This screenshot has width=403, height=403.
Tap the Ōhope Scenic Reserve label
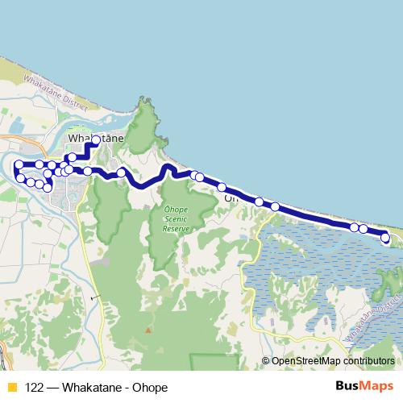tap(176, 218)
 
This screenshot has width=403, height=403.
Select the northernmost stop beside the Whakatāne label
tap(96, 140)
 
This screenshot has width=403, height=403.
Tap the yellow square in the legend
tap(11, 387)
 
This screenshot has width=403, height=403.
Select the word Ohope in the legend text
tap(151, 387)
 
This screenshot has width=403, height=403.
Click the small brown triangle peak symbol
tap(148, 329)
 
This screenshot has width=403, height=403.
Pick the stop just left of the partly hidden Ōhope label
tap(222, 188)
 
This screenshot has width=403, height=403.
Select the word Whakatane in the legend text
tap(89, 387)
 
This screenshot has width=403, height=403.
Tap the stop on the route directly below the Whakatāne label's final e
tap(121, 172)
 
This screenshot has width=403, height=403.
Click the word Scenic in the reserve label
tap(176, 218)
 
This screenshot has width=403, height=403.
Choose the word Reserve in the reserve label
tap(176, 228)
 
